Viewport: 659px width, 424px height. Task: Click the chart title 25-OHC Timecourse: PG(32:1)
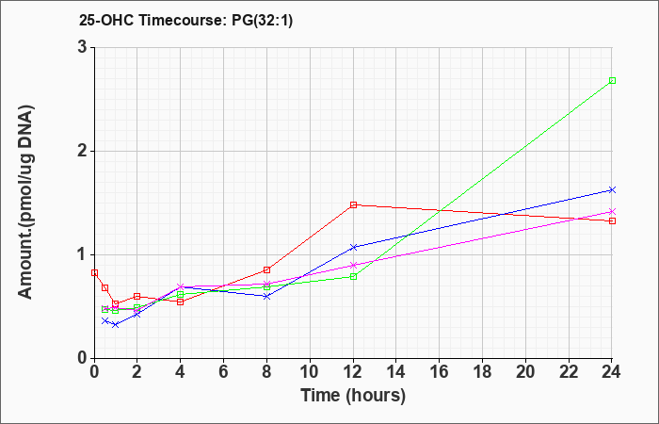(185, 20)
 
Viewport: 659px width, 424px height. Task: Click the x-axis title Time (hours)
(353, 396)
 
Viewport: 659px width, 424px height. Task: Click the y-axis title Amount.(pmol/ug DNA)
(26, 202)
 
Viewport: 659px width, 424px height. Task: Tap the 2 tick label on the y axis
(82, 151)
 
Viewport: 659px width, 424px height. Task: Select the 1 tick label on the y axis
(82, 254)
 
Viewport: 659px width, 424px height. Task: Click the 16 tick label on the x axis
(440, 372)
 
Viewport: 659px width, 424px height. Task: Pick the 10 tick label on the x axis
(310, 372)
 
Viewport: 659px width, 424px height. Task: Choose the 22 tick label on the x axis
(569, 372)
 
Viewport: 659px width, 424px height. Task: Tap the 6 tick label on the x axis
(223, 372)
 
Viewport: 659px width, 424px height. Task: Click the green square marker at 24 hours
(612, 80)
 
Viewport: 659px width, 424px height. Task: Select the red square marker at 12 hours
(353, 204)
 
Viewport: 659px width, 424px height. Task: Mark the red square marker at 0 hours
(94, 272)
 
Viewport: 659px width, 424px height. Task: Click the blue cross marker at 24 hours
(612, 189)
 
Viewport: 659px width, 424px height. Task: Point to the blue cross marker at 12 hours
(353, 247)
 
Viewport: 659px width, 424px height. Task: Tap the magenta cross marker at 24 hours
(612, 211)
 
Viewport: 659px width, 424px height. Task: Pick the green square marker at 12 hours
(353, 276)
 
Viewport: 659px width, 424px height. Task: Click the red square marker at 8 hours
(266, 269)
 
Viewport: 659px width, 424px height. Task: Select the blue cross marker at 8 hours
(266, 296)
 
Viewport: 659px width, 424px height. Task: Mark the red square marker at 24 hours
(612, 220)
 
